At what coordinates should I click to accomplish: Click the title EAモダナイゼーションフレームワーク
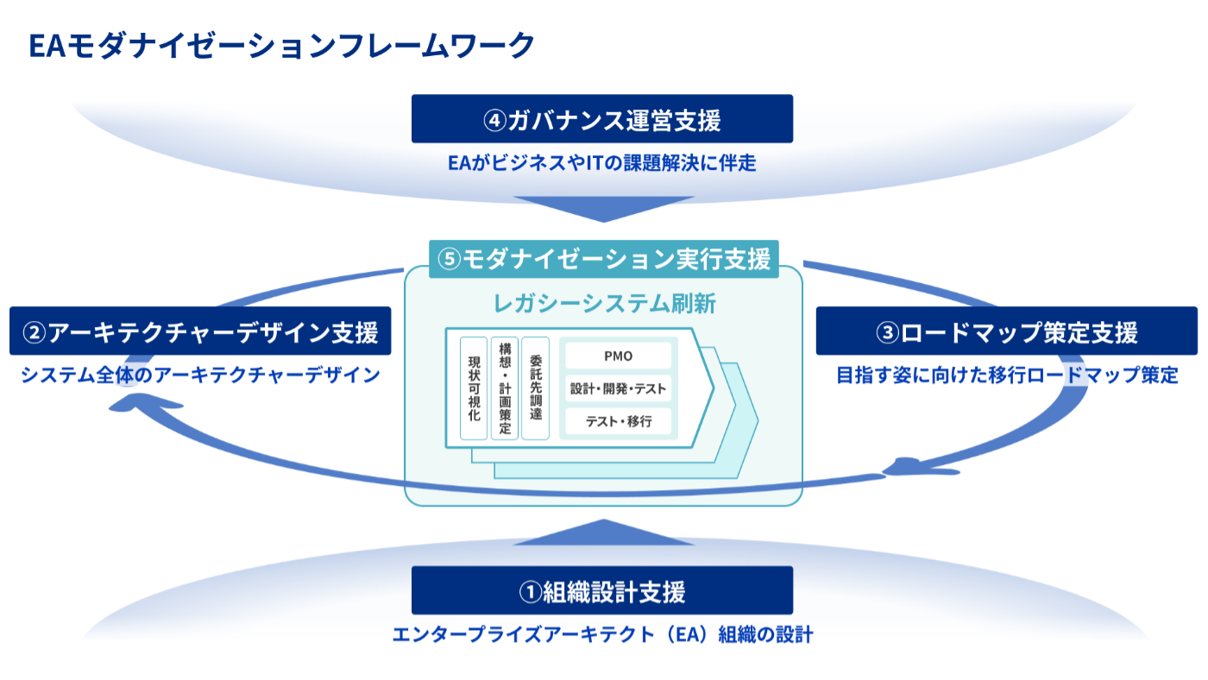(281, 45)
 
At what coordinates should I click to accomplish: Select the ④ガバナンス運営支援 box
(601, 119)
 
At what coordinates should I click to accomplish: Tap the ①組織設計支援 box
(601, 591)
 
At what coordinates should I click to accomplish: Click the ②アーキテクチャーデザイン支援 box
(200, 331)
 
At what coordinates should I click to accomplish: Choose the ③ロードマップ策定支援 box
(1006, 331)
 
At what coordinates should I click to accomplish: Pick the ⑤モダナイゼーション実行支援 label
(604, 259)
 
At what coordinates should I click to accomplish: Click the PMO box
(618, 356)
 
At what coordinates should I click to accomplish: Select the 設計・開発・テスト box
(618, 389)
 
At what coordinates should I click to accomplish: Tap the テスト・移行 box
(618, 422)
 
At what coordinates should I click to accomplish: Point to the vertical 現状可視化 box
(474, 388)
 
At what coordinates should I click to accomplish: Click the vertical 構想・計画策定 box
(505, 388)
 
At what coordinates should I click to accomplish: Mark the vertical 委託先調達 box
(535, 388)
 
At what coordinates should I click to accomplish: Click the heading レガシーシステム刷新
(604, 303)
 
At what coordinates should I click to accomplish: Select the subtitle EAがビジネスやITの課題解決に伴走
(601, 162)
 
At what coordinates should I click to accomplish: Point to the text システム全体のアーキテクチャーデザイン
(200, 375)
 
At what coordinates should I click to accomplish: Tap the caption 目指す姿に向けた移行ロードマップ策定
(1006, 375)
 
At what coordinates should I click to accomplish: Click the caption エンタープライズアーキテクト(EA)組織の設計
(601, 635)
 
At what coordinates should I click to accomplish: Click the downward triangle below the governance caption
(603, 208)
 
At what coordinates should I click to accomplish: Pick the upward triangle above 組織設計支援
(603, 532)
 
